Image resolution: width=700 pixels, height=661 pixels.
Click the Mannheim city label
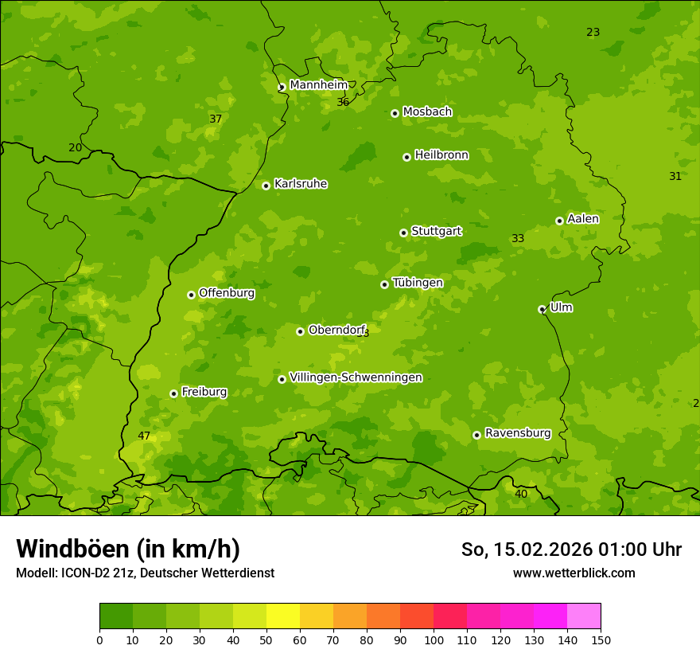click(x=318, y=85)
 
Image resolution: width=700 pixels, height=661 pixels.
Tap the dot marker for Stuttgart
click(x=403, y=233)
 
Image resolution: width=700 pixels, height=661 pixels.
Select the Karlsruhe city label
click(x=301, y=184)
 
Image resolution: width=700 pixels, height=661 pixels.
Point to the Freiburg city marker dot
click(x=173, y=393)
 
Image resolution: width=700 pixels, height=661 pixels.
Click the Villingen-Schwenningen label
click(x=356, y=377)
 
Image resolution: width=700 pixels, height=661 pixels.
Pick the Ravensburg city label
click(x=518, y=433)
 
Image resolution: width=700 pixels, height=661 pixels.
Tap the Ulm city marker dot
click(x=542, y=309)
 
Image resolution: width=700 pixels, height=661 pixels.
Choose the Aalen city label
click(x=583, y=219)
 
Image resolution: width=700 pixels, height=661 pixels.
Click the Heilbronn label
click(x=441, y=155)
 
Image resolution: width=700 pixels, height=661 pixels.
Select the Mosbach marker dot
click(x=395, y=113)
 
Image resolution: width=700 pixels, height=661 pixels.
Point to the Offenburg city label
click(x=227, y=293)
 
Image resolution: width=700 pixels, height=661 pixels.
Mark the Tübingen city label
click(x=418, y=283)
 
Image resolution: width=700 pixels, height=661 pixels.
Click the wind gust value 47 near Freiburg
click(x=144, y=436)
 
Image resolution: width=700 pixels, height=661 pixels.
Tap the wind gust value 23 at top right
click(x=593, y=32)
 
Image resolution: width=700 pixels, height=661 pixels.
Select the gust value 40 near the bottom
click(x=521, y=494)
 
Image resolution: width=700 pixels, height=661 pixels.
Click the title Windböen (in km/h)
click(x=128, y=549)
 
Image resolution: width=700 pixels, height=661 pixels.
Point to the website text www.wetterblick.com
click(x=574, y=573)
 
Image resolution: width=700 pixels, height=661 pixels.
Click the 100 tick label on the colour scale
click(x=434, y=639)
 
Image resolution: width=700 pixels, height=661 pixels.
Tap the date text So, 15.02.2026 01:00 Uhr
click(x=571, y=550)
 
